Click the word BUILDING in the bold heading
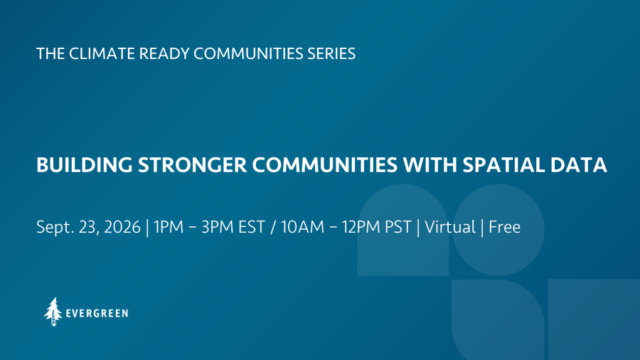pyautogui.click(x=85, y=165)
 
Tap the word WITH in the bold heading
pyautogui.click(x=430, y=165)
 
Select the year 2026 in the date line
pyautogui.click(x=122, y=227)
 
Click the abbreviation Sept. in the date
pyautogui.click(x=55, y=228)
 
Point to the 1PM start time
pyautogui.click(x=169, y=227)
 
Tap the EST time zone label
pyautogui.click(x=252, y=227)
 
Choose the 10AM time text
pyautogui.click(x=302, y=227)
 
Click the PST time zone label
pyautogui.click(x=398, y=227)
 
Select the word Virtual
pyautogui.click(x=450, y=227)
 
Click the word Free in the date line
pyautogui.click(x=504, y=227)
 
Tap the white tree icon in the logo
pyautogui.click(x=53, y=312)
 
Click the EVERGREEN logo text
pyautogui.click(x=97, y=314)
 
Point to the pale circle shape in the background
pyautogui.click(x=498, y=230)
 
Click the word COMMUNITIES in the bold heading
pyautogui.click(x=325, y=165)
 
